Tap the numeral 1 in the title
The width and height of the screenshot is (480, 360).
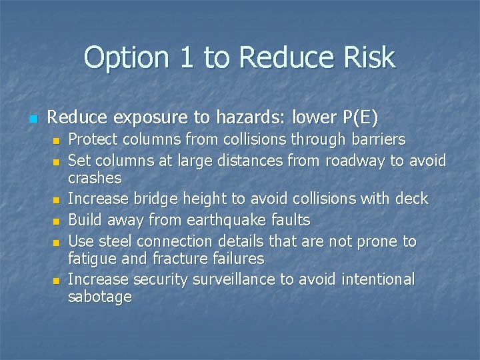189,58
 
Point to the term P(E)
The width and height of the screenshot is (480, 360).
361,119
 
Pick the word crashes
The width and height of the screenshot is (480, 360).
95,178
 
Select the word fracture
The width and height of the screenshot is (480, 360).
194,258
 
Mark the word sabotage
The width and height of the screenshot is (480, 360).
100,297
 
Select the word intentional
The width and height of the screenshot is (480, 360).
378,279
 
